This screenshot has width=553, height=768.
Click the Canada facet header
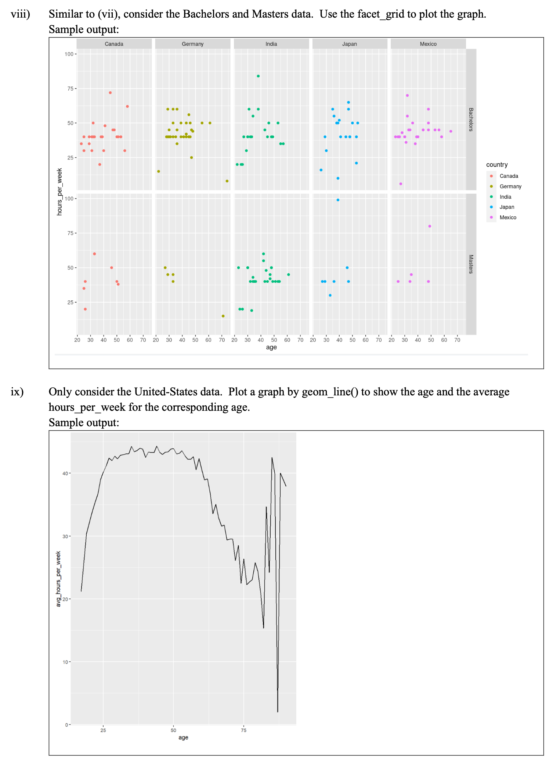(x=114, y=44)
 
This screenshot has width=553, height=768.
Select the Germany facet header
(x=192, y=44)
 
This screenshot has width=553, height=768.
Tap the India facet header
(x=271, y=44)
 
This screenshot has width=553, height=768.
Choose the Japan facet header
(x=350, y=44)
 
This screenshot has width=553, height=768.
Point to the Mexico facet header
(x=428, y=44)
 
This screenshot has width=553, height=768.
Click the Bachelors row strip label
(x=471, y=120)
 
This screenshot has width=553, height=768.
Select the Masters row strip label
(x=471, y=264)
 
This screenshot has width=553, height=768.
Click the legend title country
(x=497, y=165)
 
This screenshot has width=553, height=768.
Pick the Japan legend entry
(x=507, y=207)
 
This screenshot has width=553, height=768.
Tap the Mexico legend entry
(x=508, y=217)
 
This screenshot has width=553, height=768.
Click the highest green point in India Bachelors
(x=258, y=76)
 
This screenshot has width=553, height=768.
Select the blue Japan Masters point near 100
(x=338, y=200)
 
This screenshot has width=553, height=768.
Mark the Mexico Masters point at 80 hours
(x=430, y=226)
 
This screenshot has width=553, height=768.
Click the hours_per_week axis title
(x=59, y=191)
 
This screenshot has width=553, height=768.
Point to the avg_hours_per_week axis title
(x=58, y=579)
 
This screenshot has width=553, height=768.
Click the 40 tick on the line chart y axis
(x=65, y=473)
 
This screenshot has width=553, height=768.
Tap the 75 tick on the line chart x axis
(x=243, y=730)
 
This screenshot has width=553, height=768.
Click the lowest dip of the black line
(x=278, y=712)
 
